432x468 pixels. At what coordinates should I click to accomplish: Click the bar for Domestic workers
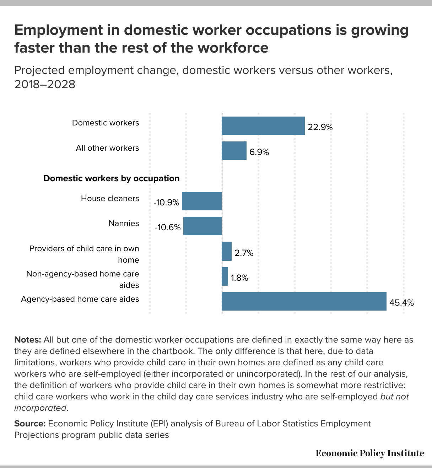[x=263, y=126]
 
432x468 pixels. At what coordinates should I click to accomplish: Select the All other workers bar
[x=234, y=151]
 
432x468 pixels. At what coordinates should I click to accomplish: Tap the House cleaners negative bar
[x=202, y=201]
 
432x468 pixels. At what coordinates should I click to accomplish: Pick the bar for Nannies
[x=202, y=226]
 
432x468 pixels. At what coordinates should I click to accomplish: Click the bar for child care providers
[x=227, y=251]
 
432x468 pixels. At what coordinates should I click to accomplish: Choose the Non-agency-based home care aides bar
[x=225, y=276]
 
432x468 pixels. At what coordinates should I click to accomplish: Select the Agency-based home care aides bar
[x=304, y=301]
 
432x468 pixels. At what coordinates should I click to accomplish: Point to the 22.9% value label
[x=320, y=127]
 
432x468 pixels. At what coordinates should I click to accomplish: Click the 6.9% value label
[x=259, y=152]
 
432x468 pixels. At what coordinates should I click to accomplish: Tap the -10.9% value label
[x=166, y=203]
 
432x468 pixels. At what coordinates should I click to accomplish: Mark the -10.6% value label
[x=168, y=227]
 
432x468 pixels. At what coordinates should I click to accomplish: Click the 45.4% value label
[x=401, y=303]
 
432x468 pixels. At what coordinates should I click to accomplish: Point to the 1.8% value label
[x=239, y=278]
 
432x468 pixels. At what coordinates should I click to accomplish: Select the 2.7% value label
[x=244, y=253]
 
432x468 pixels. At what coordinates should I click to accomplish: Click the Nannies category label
[x=124, y=223]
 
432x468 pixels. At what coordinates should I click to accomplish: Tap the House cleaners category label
[x=110, y=198]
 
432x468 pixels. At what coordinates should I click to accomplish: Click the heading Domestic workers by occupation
[x=112, y=178]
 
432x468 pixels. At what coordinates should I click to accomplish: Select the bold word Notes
[x=28, y=340]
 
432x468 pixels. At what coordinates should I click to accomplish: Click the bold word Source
[x=30, y=424]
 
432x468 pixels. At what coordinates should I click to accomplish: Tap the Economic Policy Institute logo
[x=370, y=453]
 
